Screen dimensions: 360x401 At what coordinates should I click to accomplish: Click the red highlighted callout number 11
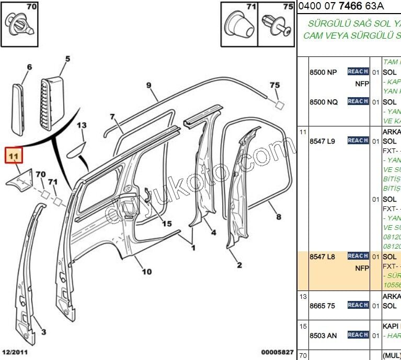[14, 155]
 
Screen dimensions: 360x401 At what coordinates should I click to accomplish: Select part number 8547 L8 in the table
[322, 257]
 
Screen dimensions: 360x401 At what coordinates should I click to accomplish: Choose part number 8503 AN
[323, 335]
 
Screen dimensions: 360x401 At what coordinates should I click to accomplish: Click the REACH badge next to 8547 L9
[358, 141]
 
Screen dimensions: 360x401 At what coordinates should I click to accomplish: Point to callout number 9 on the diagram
[148, 85]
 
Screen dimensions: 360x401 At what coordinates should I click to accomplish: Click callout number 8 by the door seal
[279, 217]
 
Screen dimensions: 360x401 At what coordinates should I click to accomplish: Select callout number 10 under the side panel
[147, 271]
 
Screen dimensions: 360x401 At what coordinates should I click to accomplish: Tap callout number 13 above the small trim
[82, 125]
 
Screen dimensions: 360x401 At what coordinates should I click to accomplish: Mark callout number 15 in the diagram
[166, 224]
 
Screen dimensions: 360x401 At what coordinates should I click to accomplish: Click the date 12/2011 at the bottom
[14, 352]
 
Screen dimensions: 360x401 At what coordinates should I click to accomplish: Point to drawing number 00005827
[277, 352]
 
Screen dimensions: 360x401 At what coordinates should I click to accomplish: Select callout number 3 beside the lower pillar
[43, 332]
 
